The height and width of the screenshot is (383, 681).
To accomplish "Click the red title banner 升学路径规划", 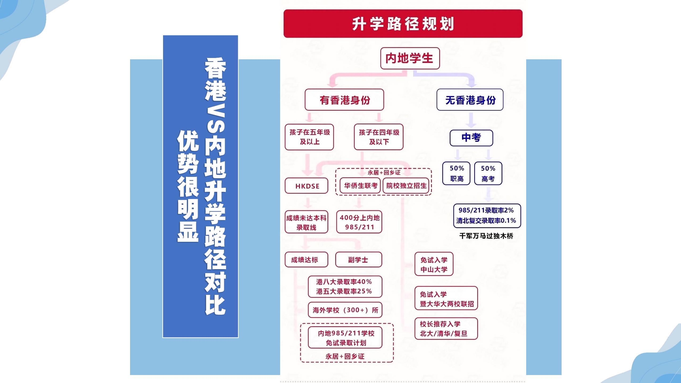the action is (x=403, y=23).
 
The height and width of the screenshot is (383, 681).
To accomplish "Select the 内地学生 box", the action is (x=410, y=58).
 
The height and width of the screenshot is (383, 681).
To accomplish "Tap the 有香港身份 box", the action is (x=344, y=100).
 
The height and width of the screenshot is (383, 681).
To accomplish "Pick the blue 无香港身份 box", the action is (x=470, y=100).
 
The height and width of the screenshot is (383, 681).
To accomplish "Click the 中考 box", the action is (x=471, y=138).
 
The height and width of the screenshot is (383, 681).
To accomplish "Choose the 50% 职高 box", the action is (x=456, y=173).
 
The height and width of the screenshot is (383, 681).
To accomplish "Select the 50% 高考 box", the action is (x=488, y=173).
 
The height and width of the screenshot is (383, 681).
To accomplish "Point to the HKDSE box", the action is (x=306, y=186).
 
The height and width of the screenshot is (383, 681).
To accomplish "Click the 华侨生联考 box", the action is (x=360, y=185).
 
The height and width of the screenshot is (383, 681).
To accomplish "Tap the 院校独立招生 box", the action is (x=406, y=185).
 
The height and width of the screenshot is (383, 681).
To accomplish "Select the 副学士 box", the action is (x=359, y=260).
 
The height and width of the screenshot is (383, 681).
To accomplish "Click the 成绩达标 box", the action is (x=306, y=260).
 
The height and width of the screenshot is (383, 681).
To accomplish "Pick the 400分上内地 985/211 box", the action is (x=359, y=222).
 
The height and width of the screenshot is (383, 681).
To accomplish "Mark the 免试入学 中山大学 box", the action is (x=434, y=264).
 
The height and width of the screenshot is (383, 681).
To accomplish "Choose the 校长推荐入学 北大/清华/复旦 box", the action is (x=446, y=329).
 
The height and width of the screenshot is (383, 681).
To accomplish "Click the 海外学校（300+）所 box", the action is (x=345, y=310).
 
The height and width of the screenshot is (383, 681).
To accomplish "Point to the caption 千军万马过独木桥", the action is (x=486, y=236).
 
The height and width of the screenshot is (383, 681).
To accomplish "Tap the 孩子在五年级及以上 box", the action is (x=309, y=137).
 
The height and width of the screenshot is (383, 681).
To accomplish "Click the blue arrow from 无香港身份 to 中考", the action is (x=471, y=119).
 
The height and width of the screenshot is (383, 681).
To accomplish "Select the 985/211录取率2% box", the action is (x=487, y=216).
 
